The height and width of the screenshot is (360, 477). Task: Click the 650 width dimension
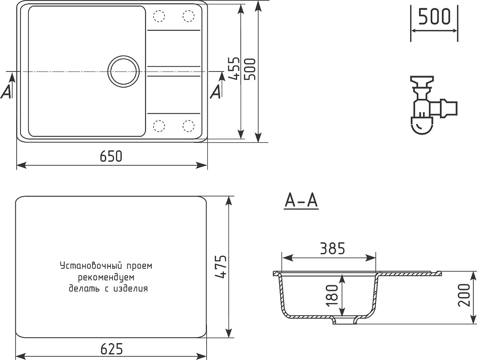point(111,157)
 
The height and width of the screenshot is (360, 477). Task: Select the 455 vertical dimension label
point(233,68)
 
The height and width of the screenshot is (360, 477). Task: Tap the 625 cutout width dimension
point(111,349)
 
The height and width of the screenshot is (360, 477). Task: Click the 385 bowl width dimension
point(332,249)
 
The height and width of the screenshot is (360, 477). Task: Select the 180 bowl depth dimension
point(332,295)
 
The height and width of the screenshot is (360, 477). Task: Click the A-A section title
point(301,201)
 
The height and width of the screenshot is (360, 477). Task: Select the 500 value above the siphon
point(434,17)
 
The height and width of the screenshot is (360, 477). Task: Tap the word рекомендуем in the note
point(106,277)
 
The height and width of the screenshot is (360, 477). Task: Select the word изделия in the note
point(131,289)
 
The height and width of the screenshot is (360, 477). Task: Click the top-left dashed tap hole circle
point(159,16)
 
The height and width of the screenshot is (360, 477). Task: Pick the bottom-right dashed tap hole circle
point(188,126)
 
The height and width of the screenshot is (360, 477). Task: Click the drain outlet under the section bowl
point(345,321)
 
